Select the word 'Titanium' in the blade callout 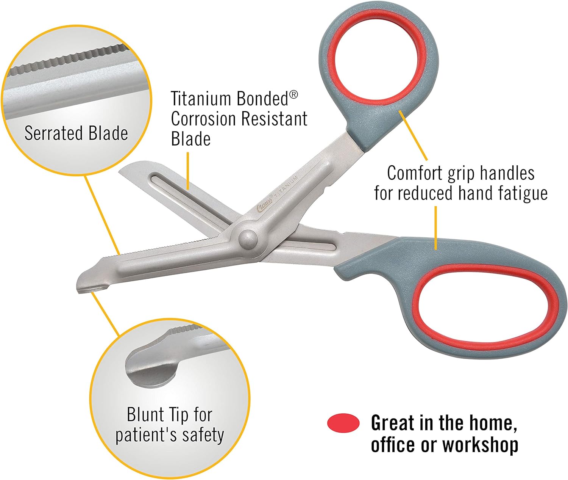tap(201, 99)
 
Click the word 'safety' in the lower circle tap(203, 435)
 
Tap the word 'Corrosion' tap(203, 119)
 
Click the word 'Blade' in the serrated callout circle tap(108, 133)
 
